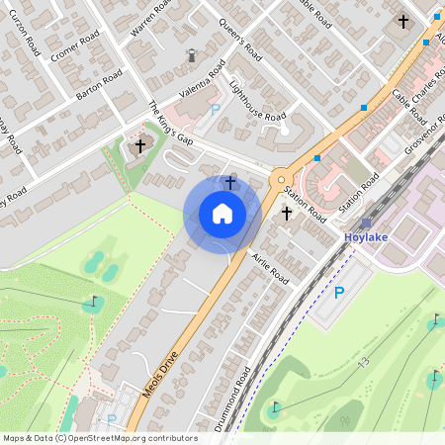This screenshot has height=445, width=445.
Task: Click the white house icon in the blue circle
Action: [x=222, y=213]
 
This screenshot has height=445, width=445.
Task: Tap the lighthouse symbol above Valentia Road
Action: [x=191, y=56]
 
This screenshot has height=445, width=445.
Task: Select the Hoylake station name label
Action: [x=367, y=238]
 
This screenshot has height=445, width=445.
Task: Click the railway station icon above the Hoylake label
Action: [x=366, y=223]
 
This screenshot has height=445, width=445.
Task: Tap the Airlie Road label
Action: [x=269, y=265]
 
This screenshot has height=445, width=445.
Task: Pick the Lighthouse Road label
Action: [x=254, y=102]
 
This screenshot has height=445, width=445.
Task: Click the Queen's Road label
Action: [x=238, y=37]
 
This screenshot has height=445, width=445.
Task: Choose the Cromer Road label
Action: [x=70, y=44]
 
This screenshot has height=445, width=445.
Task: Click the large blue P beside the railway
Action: [x=339, y=293]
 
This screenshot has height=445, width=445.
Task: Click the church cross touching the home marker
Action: [x=230, y=182]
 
